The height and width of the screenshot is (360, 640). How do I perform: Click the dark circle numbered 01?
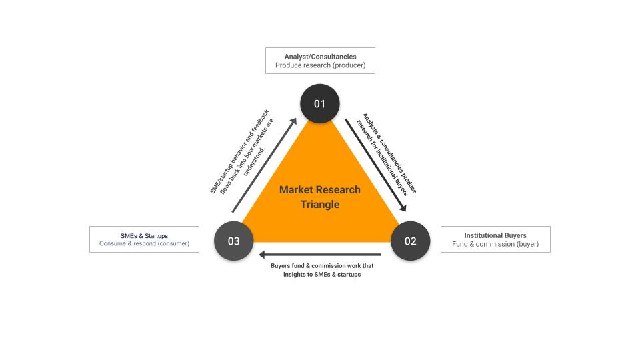click(320, 103)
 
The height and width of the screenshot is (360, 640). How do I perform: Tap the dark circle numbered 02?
click(410, 241)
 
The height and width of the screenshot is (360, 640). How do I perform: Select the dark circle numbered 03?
click(233, 241)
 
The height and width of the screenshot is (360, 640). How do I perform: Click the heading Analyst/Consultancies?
click(320, 57)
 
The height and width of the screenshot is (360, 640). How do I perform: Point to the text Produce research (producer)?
click(320, 66)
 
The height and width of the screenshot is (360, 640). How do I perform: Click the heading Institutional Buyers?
click(495, 235)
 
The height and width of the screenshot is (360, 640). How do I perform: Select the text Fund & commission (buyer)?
click(495, 245)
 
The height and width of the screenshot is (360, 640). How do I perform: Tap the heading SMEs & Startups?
click(144, 235)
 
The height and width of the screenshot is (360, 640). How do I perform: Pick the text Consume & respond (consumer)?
click(144, 244)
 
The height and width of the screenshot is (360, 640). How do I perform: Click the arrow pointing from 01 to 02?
click(375, 164)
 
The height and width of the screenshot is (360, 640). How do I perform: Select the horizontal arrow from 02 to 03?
click(320, 254)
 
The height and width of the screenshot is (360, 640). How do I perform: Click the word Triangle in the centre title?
click(320, 204)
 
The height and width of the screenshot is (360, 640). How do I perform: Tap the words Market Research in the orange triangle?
click(320, 189)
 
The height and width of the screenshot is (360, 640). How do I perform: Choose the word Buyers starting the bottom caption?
click(281, 265)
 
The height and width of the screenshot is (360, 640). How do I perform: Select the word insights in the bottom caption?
click(291, 274)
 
